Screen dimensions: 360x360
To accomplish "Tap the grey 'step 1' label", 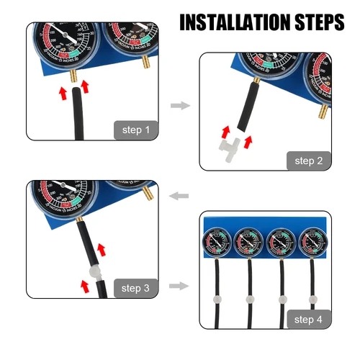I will point(137,130).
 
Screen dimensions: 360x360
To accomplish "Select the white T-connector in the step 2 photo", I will point(230,148).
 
